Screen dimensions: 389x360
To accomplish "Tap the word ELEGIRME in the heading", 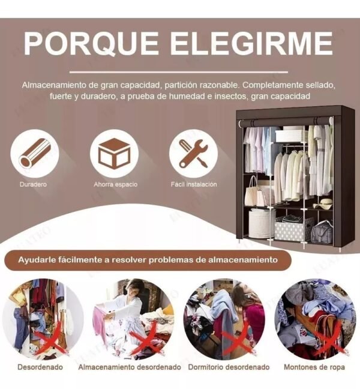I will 251,43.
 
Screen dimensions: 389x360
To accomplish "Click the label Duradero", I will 33,184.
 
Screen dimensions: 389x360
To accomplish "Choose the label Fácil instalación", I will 194,184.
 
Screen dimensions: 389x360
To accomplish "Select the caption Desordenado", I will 38,366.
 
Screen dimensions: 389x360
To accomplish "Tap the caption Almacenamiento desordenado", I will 130,366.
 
